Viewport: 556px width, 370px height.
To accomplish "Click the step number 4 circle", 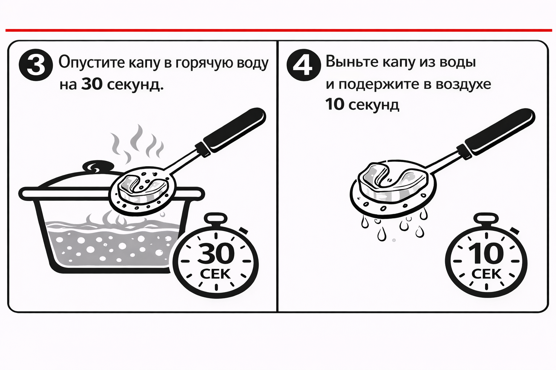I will (304, 65).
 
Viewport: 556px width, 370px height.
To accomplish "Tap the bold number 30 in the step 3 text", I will (92, 84).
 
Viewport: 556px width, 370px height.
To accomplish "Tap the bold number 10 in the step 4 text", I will (334, 104).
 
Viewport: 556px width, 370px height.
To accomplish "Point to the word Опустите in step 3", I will (91, 63).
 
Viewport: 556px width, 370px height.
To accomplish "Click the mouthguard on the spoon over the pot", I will (142, 185).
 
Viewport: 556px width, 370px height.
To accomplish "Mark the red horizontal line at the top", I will (278, 30).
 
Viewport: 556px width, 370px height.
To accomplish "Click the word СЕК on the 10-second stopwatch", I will (486, 274).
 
